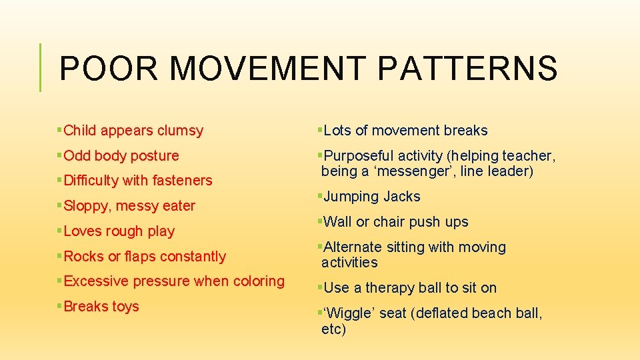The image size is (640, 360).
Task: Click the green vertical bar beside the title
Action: tap(41, 67)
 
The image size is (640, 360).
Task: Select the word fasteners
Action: tap(181, 181)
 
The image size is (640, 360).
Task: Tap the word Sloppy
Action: tap(87, 206)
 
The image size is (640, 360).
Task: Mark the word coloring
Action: tap(259, 281)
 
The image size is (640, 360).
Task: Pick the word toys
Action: tap(125, 307)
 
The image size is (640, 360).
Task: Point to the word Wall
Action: tap(338, 222)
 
